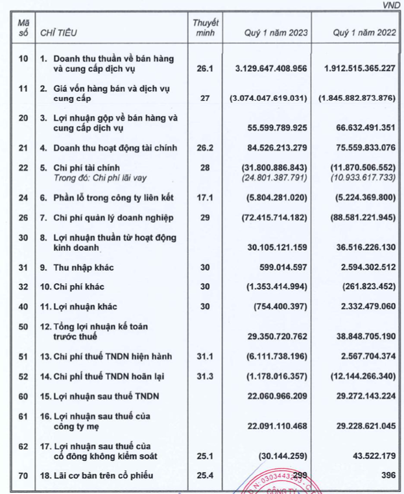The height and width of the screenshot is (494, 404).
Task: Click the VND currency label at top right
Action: pyautogui.click(x=390, y=5)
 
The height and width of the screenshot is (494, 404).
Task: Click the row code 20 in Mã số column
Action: pyautogui.click(x=23, y=119)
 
